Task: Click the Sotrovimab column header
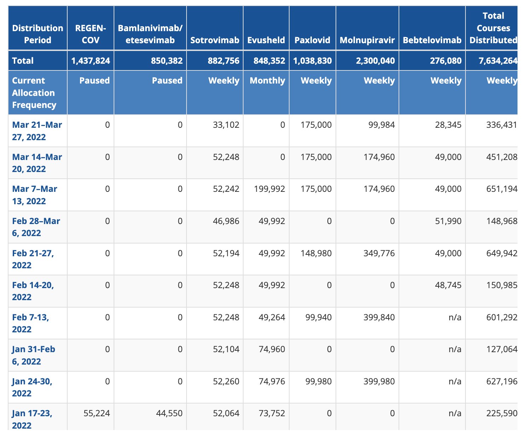coord(215,40)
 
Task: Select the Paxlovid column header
coord(312,40)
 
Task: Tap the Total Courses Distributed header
coord(493,28)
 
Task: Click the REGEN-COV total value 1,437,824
coord(91,61)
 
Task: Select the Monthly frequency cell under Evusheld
coord(267,81)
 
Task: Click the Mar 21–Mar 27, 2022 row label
coord(37,131)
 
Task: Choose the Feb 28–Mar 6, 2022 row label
coord(36,227)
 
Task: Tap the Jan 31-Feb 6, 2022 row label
coord(34,355)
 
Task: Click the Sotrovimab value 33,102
coord(226,125)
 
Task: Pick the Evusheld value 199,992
coord(269,189)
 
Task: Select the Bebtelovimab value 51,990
coord(448,221)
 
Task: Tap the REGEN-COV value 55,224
coord(97,413)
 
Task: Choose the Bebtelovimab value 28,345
coord(448,125)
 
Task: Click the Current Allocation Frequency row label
coord(34,93)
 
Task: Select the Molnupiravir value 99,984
coord(381,125)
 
